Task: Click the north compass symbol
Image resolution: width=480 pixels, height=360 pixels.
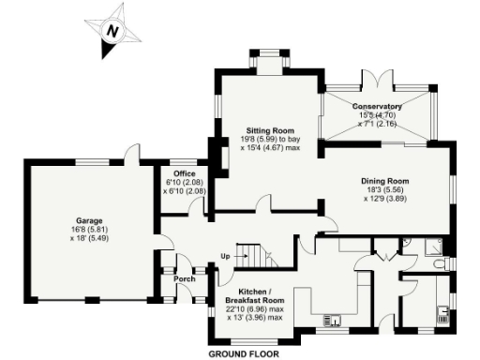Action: tap(113, 31)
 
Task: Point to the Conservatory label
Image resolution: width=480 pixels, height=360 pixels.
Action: tap(378, 107)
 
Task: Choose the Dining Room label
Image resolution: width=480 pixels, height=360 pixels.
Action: tap(386, 181)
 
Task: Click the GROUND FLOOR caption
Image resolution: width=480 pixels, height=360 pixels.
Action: tap(243, 354)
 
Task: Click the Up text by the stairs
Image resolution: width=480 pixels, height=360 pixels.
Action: tap(225, 255)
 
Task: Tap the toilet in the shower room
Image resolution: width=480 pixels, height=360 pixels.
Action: tap(442, 265)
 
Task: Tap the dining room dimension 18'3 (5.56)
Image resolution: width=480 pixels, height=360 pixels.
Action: tap(386, 190)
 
